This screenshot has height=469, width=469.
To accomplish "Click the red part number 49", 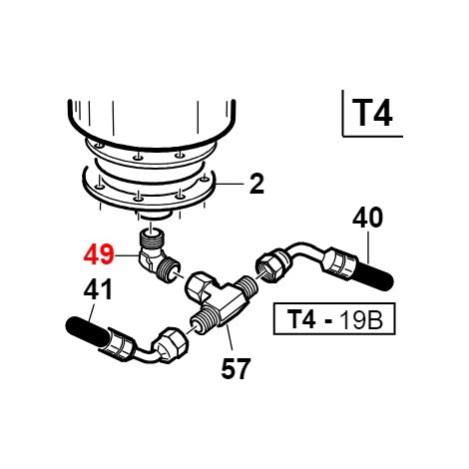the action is (99, 255).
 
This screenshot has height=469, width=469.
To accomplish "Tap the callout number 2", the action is (256, 184).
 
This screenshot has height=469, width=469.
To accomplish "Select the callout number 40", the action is (368, 218).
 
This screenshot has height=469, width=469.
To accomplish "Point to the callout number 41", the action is (98, 289).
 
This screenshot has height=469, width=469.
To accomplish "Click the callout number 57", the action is (235, 368).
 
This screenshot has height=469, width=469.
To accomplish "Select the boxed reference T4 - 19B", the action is (334, 318).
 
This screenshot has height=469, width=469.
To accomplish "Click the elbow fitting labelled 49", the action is (157, 257).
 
